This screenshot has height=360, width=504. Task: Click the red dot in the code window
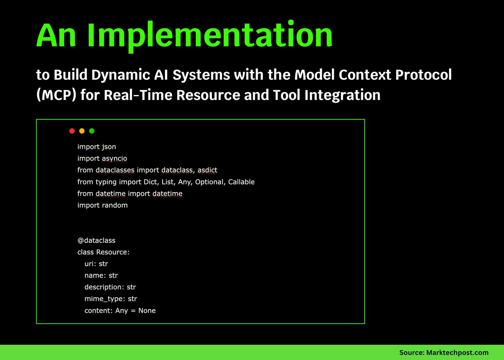click(x=72, y=131)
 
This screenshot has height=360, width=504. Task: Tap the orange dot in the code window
click(x=82, y=131)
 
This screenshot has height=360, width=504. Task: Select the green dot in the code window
click(x=92, y=131)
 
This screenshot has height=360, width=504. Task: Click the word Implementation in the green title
click(x=210, y=36)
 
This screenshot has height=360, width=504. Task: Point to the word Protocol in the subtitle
click(x=423, y=75)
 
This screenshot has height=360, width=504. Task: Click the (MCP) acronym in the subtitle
click(x=56, y=95)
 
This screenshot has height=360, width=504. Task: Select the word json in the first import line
click(x=109, y=147)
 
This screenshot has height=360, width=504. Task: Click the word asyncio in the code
click(x=115, y=159)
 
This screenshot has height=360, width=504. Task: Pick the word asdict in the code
click(x=207, y=170)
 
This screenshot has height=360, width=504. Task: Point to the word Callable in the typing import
click(x=241, y=182)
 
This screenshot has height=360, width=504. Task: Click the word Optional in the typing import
click(x=210, y=182)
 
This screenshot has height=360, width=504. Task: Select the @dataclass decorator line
click(x=96, y=241)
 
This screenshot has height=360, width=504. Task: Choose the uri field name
click(x=89, y=264)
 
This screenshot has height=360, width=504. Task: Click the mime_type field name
click(x=104, y=299)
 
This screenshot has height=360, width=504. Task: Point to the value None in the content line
click(x=147, y=311)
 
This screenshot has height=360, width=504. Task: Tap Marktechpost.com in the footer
click(x=457, y=352)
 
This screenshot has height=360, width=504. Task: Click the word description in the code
click(x=104, y=287)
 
